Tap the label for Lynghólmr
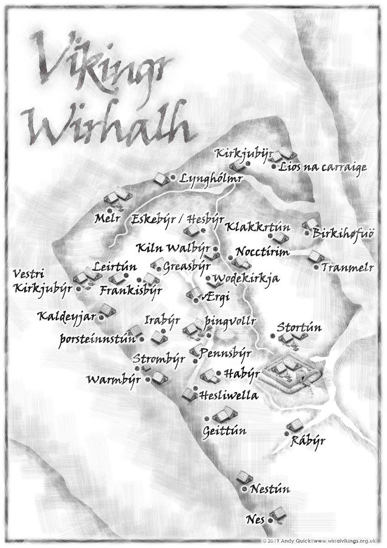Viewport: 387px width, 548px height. [210, 179]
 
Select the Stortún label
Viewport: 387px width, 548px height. [299, 328]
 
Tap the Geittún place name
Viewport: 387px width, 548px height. [225, 430]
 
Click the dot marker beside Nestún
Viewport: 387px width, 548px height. [245, 489]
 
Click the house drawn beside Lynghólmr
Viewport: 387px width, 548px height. [161, 179]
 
